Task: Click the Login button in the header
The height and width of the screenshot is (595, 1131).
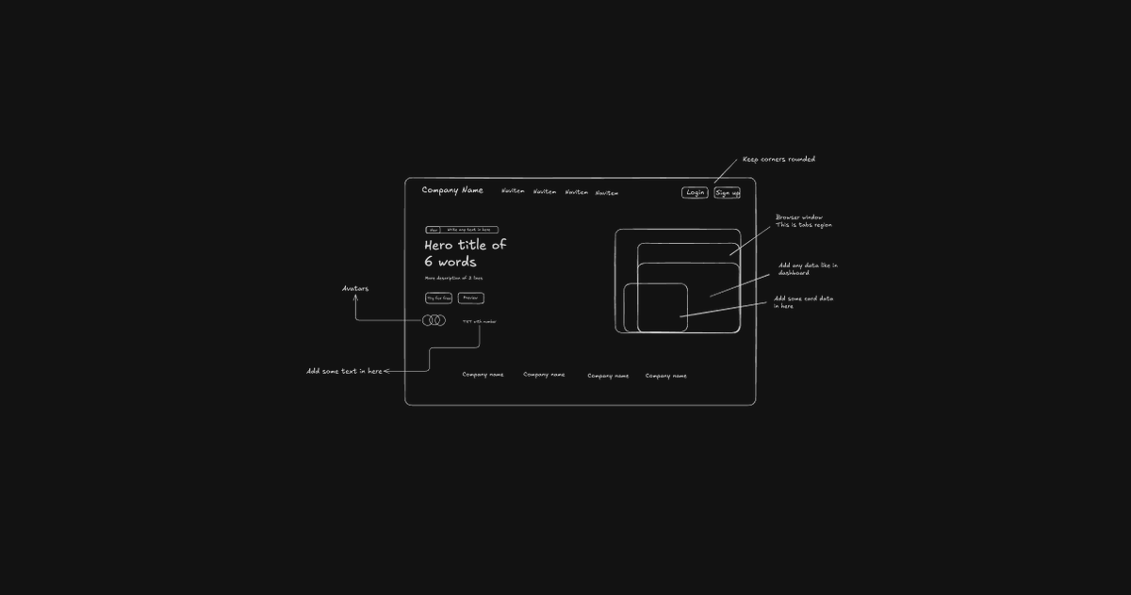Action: click(x=695, y=193)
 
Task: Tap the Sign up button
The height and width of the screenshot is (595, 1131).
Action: click(x=727, y=193)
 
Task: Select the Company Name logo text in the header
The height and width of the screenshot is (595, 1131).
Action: click(x=452, y=190)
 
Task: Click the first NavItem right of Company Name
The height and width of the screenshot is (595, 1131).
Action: click(x=513, y=191)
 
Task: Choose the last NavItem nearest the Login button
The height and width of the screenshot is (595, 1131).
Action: click(x=607, y=193)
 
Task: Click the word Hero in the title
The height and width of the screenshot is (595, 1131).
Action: click(x=442, y=245)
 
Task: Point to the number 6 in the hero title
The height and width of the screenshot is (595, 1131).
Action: click(x=428, y=263)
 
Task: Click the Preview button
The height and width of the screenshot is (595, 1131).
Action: click(x=470, y=298)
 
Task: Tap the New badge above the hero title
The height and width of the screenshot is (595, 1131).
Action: click(x=433, y=230)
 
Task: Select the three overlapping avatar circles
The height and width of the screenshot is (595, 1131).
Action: click(x=434, y=321)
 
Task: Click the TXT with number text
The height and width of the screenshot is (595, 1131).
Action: click(x=479, y=322)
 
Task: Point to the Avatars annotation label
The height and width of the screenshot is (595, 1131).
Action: click(x=355, y=288)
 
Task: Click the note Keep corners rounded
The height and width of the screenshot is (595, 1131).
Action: click(x=779, y=159)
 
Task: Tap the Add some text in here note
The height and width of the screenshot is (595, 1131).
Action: click(x=344, y=371)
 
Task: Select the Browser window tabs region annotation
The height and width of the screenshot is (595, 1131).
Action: click(x=803, y=221)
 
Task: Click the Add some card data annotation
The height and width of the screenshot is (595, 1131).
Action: click(x=803, y=302)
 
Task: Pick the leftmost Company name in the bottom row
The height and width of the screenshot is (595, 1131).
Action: click(x=483, y=375)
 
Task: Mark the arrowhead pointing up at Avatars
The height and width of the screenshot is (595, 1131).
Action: click(x=355, y=297)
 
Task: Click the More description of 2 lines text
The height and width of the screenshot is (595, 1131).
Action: click(x=453, y=279)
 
